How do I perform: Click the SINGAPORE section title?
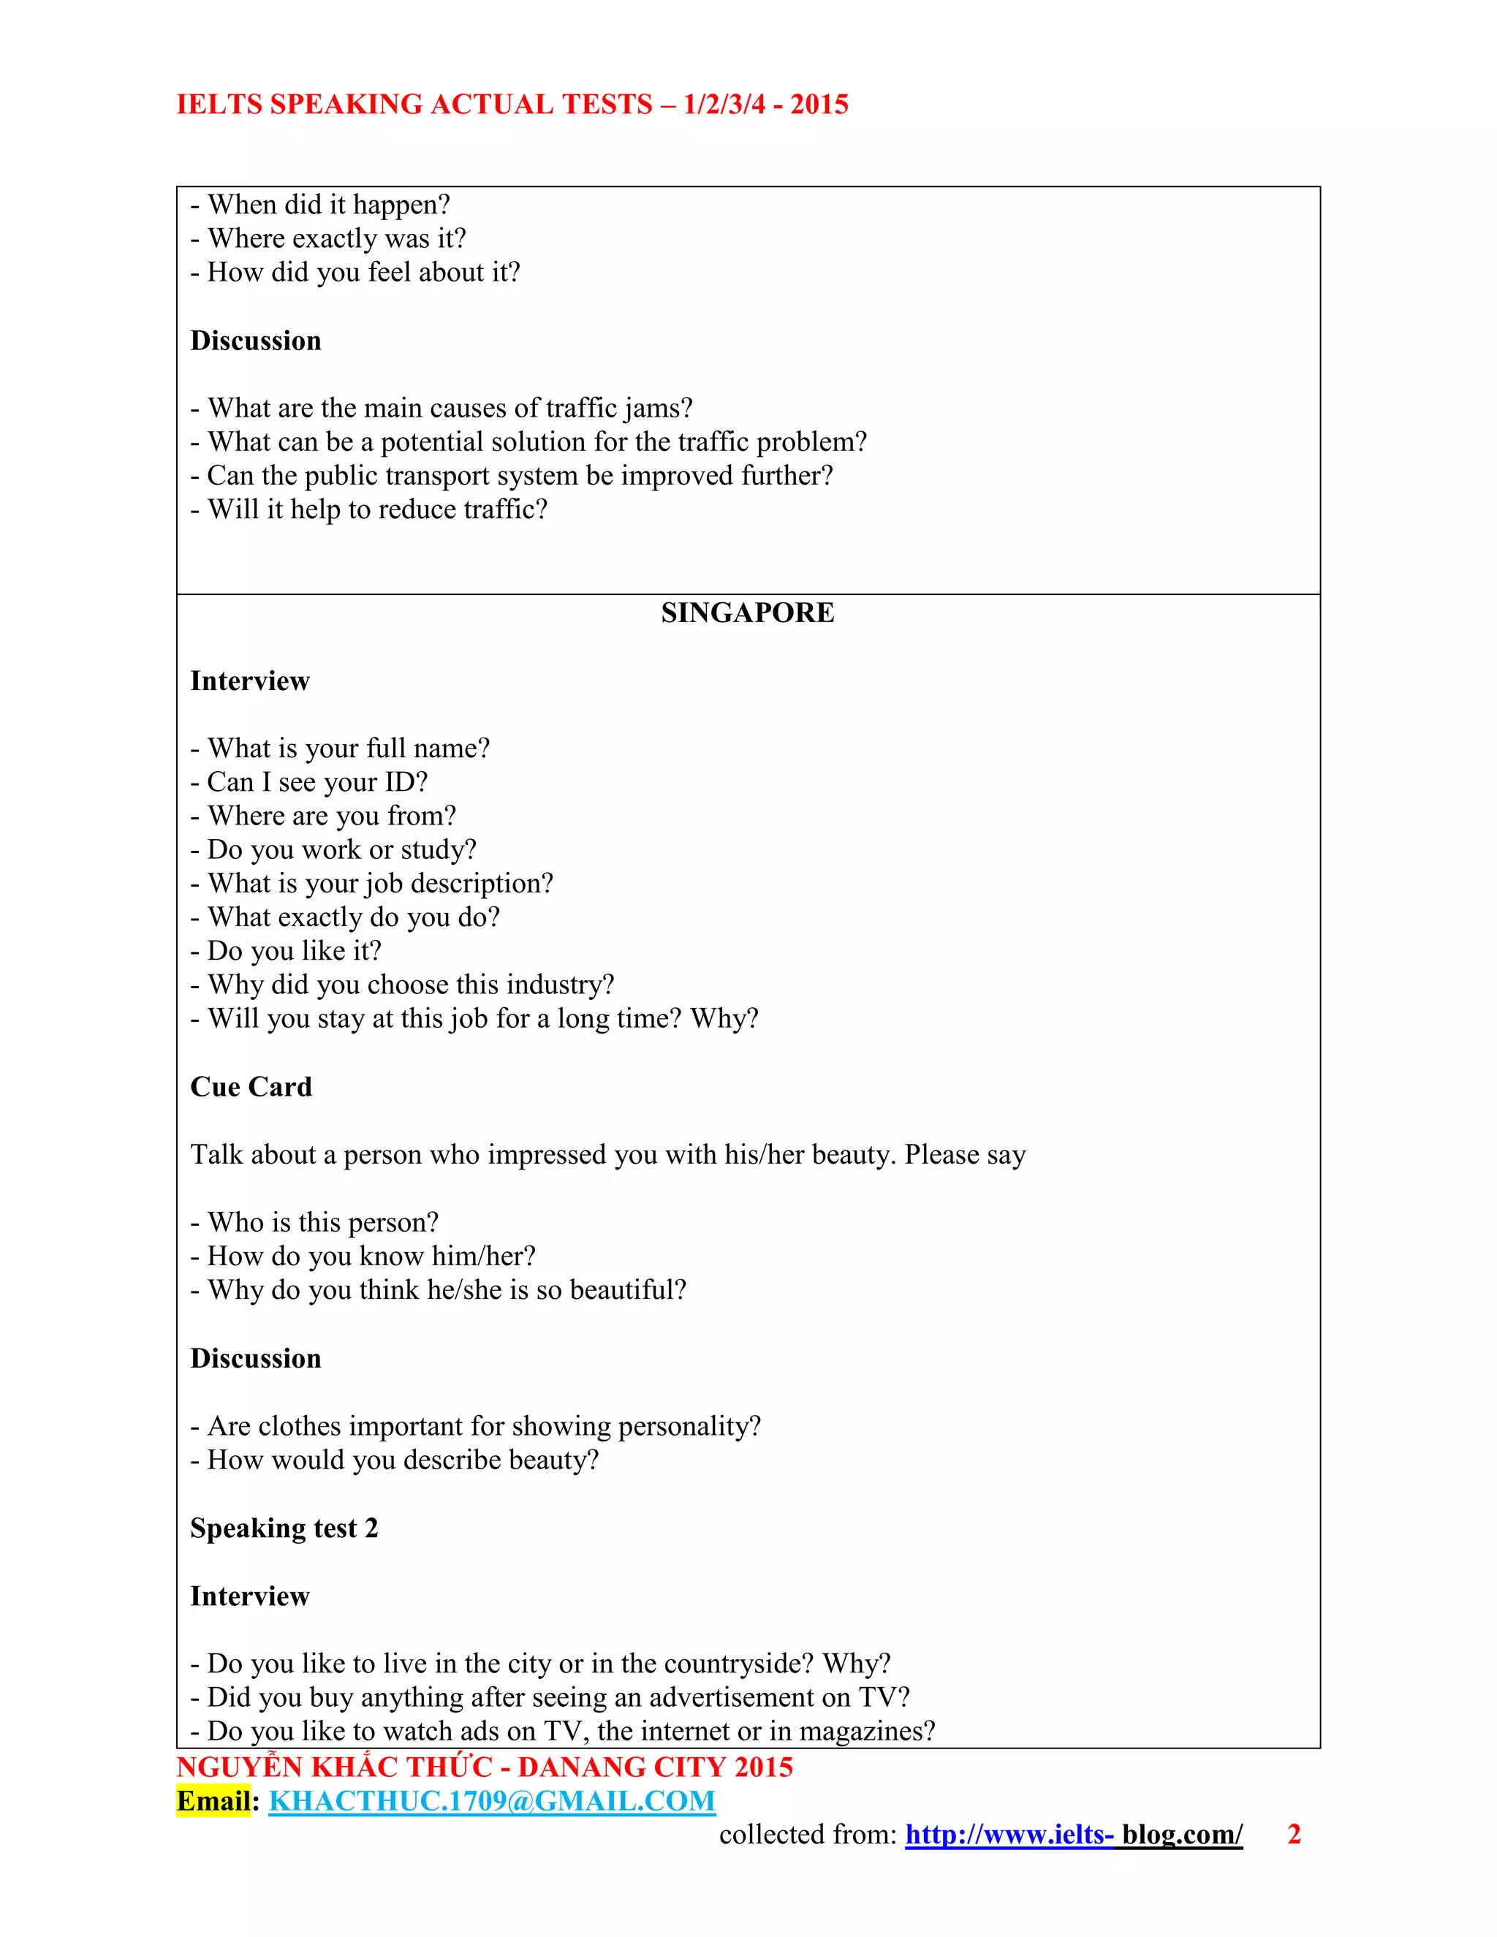pos(747,613)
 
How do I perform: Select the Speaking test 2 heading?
pos(284,1528)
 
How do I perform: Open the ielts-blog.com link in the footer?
pos(1073,1834)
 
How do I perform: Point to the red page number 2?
pos(1293,1834)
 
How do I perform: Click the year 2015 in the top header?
pos(819,104)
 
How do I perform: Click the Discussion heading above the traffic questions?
pos(255,341)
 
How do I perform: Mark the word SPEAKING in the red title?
pos(346,104)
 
